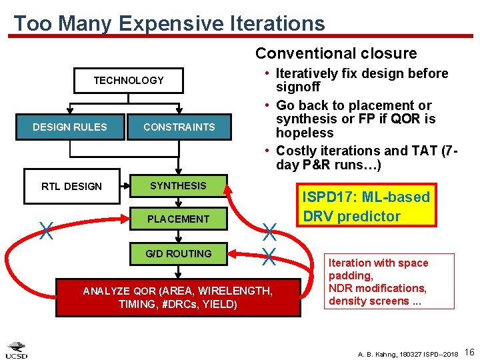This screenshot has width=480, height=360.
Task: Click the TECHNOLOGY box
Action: (x=128, y=81)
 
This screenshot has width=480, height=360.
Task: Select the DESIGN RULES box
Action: (x=70, y=127)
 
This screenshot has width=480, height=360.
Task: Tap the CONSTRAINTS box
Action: (x=179, y=127)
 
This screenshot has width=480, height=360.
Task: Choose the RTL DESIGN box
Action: (x=71, y=186)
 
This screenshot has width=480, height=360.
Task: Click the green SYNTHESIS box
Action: (x=178, y=185)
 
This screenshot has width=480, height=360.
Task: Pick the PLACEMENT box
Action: (x=178, y=219)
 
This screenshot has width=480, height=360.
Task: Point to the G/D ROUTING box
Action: (x=178, y=253)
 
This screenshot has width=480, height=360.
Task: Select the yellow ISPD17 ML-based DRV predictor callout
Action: (x=366, y=206)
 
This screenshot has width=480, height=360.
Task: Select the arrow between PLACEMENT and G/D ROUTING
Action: (x=178, y=236)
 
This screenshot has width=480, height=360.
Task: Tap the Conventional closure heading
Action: (x=336, y=53)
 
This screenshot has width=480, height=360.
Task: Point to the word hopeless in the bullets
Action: (x=305, y=133)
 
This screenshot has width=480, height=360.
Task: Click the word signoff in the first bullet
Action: (x=298, y=87)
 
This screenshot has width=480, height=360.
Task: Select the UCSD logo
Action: (x=17, y=351)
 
